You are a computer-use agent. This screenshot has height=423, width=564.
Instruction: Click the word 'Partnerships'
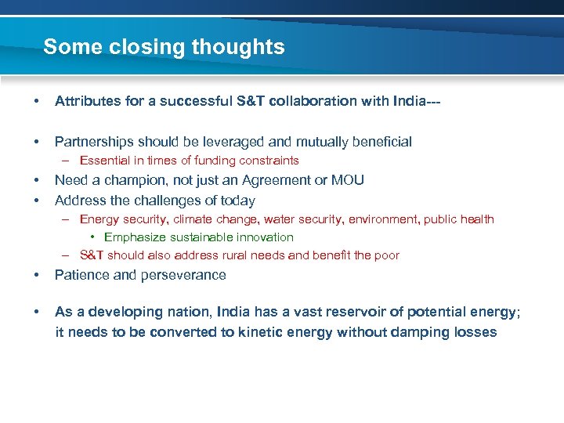[93, 142]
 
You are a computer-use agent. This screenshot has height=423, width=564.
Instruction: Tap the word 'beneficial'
[374, 142]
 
